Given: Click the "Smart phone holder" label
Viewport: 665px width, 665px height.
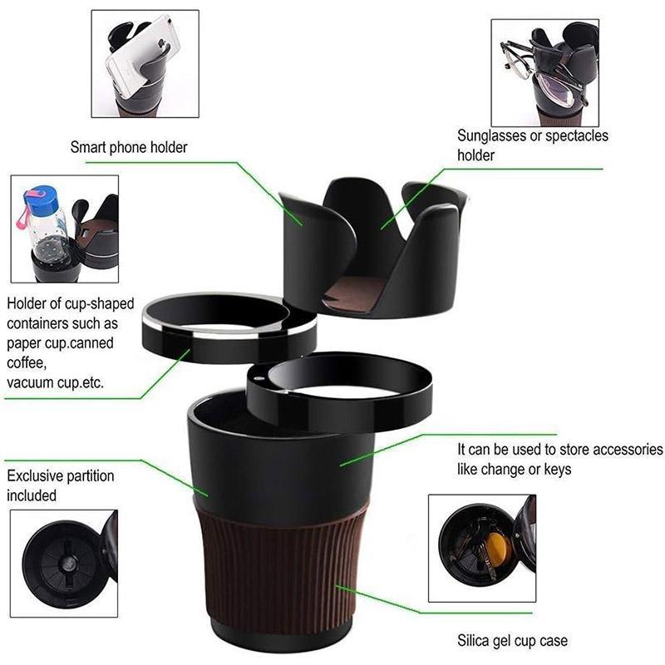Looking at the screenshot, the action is coord(129,147).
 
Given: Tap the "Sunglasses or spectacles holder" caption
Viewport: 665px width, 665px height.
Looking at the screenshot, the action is coord(533,145).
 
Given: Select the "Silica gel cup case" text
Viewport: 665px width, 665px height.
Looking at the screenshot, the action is coord(512,640).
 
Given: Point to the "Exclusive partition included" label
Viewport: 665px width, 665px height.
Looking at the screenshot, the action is coord(60,485).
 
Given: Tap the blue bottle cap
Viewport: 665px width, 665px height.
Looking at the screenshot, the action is coord(41,199).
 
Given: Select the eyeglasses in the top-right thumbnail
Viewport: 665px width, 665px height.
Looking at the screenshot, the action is coord(543,76).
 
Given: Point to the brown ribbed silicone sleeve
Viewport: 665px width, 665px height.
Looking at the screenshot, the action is coord(281,564).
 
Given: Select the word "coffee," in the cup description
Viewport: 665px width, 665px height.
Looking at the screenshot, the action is coord(27,363).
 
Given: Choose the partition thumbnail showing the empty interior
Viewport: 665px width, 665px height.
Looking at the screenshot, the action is coord(64,564).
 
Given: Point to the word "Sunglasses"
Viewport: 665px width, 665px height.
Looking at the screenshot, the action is coord(491,135).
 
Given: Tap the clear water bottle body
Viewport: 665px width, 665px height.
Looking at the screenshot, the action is coord(50,237).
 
